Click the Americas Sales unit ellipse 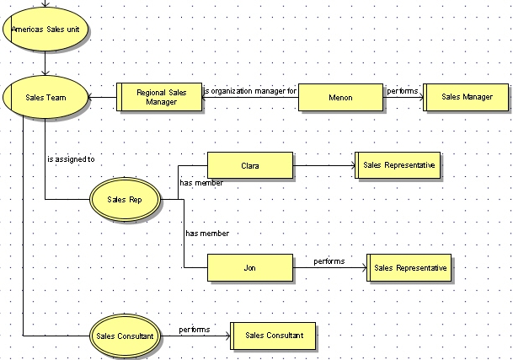click(x=45, y=29)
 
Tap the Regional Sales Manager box click(x=159, y=97)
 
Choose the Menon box click(x=340, y=97)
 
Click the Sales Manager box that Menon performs click(x=466, y=97)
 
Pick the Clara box click(x=249, y=166)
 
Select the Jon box click(x=249, y=267)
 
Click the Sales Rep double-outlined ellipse click(x=124, y=200)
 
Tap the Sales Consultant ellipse click(x=124, y=336)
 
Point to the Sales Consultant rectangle click(x=272, y=336)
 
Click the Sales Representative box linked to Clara click(x=398, y=166)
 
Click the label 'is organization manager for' click(x=250, y=89)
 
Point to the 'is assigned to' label click(x=71, y=159)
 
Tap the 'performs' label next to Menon click(x=402, y=89)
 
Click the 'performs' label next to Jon click(x=329, y=261)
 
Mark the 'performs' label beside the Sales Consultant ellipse click(x=194, y=329)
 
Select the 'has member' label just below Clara click(x=200, y=182)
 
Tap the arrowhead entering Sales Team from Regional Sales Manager click(x=91, y=97)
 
